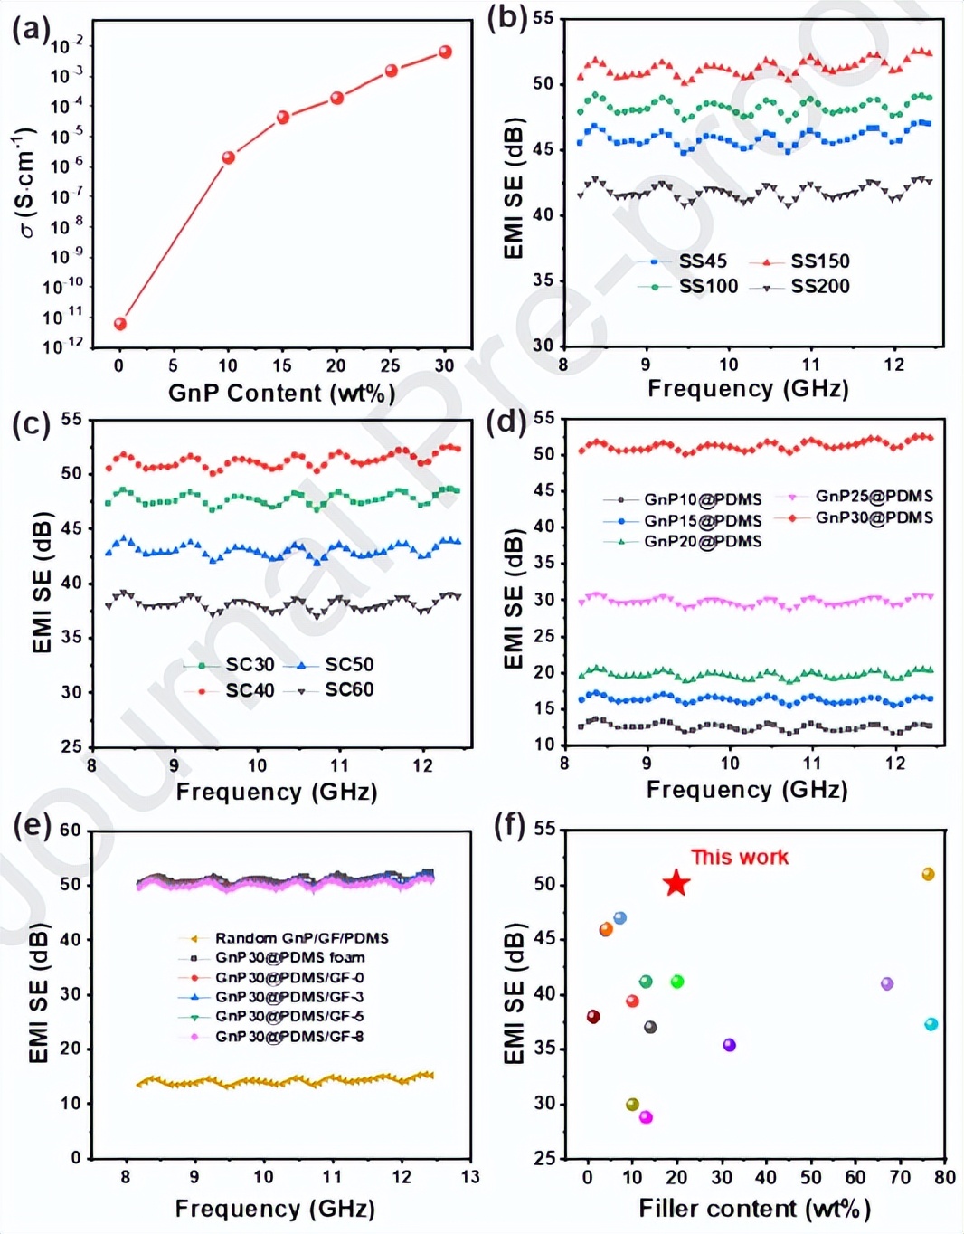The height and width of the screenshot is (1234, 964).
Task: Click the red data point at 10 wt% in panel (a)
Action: pos(229,157)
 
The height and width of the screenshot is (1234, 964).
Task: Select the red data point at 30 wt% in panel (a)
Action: pos(445,52)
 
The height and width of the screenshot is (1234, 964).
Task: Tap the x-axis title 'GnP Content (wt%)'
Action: pos(281,394)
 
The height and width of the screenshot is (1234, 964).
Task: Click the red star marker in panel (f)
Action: pos(676,884)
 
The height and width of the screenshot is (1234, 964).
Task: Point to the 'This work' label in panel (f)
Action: pos(739,857)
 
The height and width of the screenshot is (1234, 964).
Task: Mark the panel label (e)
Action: pos(33,825)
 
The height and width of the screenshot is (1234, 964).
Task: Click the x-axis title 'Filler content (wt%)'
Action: pos(754,1209)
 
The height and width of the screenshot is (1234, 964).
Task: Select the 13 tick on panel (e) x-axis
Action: pos(470,1177)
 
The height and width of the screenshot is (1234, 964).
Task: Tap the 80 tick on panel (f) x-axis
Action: pos(945,1177)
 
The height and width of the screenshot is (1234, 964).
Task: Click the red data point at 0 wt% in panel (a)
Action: pos(120,324)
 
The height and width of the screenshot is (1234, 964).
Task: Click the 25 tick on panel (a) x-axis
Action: pos(391,365)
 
